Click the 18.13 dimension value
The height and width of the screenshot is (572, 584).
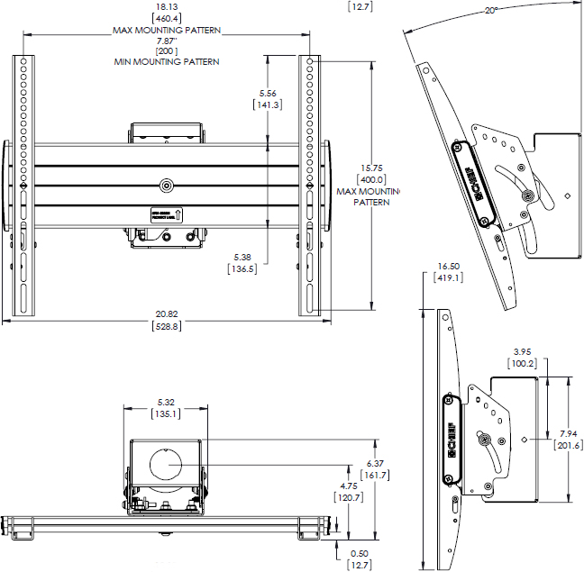tap(166, 5)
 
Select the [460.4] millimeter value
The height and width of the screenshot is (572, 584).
tap(166, 17)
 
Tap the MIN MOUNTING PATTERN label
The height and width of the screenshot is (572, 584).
tap(167, 62)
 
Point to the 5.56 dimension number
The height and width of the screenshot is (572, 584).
tap(268, 93)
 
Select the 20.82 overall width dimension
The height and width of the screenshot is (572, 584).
tap(167, 313)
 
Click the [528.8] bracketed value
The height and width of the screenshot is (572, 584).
tap(167, 325)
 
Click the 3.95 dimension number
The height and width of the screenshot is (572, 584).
tap(521, 351)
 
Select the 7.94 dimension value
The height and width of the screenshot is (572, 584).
tap(569, 433)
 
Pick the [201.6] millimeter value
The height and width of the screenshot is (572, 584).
tap(569, 445)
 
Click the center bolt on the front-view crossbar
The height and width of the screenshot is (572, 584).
tap(167, 185)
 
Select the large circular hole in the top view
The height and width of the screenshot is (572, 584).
tap(167, 465)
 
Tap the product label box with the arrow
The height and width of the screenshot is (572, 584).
tap(167, 214)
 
